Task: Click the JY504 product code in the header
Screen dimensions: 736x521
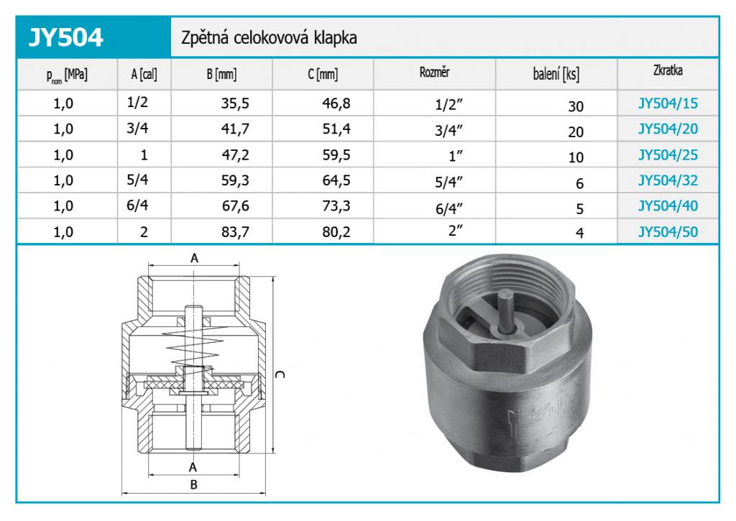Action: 65,37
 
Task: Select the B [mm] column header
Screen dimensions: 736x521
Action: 221,74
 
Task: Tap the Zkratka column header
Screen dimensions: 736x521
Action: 668,70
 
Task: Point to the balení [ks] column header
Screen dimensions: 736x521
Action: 556,74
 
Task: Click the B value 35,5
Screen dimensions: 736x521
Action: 235,103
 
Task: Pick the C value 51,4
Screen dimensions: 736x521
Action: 336,129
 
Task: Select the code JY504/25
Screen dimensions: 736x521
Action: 668,155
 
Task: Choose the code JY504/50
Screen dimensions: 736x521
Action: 668,232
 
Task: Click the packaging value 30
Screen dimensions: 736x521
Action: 576,106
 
